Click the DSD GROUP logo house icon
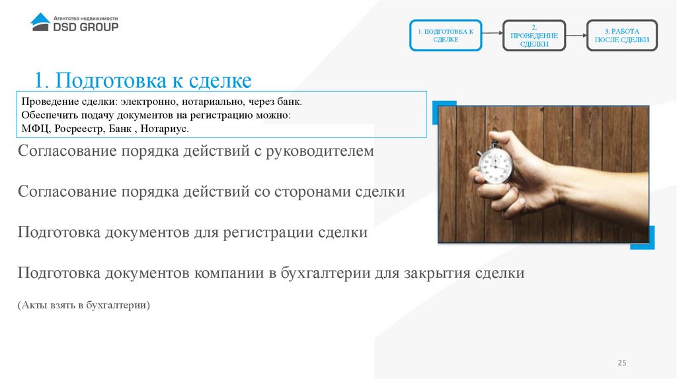(40, 22)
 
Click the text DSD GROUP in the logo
(85, 27)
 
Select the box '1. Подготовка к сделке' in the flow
(446, 36)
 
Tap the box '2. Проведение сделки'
(534, 36)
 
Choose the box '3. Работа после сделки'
(621, 36)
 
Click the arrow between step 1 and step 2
(492, 35)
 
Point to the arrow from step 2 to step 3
(577, 35)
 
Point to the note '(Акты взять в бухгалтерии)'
(85, 305)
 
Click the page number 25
(621, 364)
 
